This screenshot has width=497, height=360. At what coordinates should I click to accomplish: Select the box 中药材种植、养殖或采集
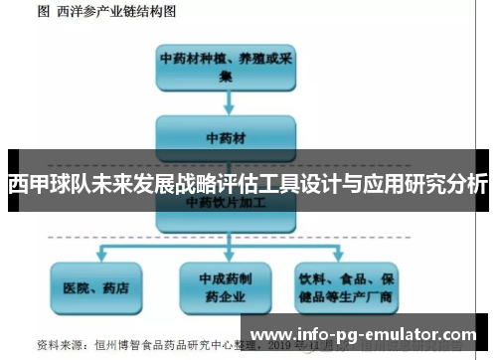(x=227, y=66)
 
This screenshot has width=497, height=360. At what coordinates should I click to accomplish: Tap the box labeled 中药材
(x=227, y=135)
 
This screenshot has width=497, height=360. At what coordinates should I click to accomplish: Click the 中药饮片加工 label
(x=227, y=202)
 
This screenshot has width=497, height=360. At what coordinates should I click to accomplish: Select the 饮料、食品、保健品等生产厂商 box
(x=350, y=288)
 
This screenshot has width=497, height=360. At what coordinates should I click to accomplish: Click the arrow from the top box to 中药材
(x=227, y=101)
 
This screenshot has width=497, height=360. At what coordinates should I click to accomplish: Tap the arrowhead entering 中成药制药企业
(x=226, y=258)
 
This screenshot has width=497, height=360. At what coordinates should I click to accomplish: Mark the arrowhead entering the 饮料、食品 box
(x=350, y=258)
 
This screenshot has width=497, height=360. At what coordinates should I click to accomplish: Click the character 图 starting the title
(x=43, y=12)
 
